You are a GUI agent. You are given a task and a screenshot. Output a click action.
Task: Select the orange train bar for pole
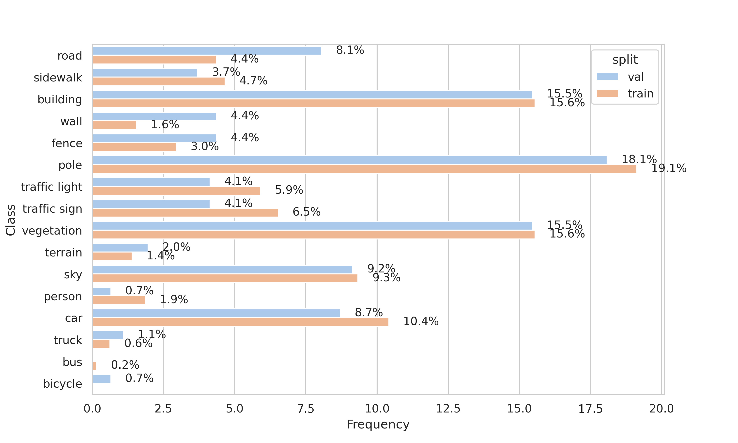point(364,169)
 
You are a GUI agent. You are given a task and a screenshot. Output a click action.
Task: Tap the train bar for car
point(240,322)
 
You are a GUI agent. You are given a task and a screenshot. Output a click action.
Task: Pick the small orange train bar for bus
point(94,366)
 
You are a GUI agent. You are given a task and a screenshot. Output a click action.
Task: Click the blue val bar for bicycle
point(101,379)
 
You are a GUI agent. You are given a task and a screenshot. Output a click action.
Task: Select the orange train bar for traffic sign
point(185,213)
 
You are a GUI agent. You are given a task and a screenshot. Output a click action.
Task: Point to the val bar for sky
point(222,269)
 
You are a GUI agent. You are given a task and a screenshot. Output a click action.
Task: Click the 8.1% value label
point(350,50)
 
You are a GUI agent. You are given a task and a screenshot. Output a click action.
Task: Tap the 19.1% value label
point(668,168)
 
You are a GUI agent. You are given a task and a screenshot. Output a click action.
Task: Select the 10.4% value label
point(421,321)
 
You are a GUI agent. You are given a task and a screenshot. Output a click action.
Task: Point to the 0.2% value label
point(125,365)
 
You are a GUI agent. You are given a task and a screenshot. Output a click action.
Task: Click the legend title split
point(625,60)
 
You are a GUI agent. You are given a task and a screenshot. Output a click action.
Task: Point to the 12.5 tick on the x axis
point(448,409)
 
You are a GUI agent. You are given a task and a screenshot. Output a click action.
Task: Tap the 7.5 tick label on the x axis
point(306,409)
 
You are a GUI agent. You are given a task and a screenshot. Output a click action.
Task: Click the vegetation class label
point(52,231)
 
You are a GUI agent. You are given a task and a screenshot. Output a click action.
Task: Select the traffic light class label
point(51,187)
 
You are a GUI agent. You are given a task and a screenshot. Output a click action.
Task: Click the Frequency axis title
point(378,424)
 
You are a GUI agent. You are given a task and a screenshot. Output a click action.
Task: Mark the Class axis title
point(11,220)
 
